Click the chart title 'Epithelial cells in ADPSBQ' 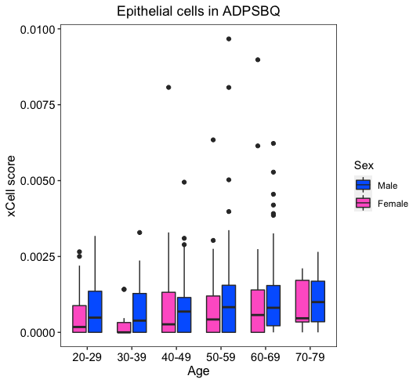pos(198,11)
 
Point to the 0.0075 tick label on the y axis pos(37,105)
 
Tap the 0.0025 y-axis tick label pos(37,257)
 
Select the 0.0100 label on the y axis pos(37,29)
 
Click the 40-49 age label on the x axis pos(176,357)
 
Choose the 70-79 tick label pos(310,357)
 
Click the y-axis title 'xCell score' pos(11,186)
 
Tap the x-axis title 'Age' pos(198,371)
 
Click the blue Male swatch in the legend pos(364,185)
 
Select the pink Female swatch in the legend pos(364,203)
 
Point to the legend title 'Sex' pos(364,165)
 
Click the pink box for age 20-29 pos(79,319)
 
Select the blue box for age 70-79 pos(318,302)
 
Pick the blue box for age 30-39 pos(139,313)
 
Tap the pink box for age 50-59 pos(213,314)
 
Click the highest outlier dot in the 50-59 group pos(229,39)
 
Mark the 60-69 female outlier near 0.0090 pos(258,60)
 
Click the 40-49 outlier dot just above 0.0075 pos(168,88)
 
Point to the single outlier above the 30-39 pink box pos(124,289)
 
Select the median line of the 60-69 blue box pos(273,308)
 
